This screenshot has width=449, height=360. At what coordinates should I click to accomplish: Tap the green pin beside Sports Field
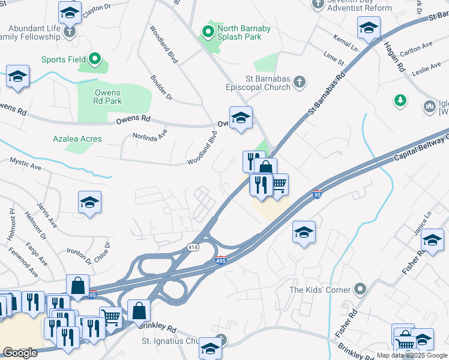click(x=95, y=59)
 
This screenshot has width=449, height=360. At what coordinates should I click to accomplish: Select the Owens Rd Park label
click(x=108, y=97)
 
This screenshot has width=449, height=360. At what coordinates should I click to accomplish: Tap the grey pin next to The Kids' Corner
click(x=360, y=290)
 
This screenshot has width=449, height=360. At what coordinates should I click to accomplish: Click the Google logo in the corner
click(x=20, y=352)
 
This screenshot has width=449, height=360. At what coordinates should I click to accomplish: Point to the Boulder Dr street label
click(x=161, y=88)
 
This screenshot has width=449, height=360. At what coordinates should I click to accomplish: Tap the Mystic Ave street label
click(x=25, y=161)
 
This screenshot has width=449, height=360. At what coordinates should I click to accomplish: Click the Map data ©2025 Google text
click(x=411, y=355)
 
